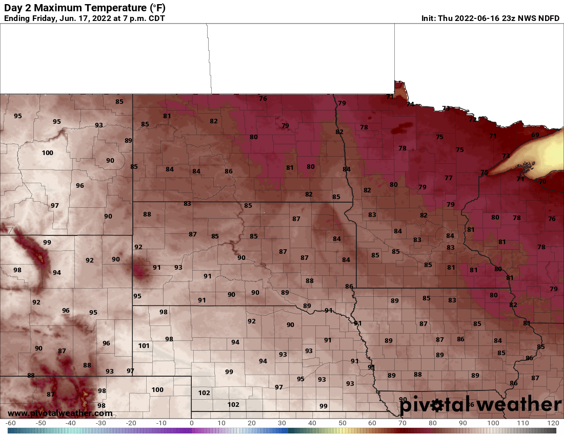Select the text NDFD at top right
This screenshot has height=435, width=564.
[x=549, y=18]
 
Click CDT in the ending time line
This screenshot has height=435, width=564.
[x=155, y=18]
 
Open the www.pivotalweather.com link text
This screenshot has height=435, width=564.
[x=60, y=413]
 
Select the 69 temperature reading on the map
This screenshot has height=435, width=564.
[x=535, y=135]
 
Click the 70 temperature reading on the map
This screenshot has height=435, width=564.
[x=543, y=182]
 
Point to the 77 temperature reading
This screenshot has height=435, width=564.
[x=449, y=178]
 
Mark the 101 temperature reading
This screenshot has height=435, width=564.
[x=144, y=346]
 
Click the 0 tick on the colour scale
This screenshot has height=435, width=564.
[x=191, y=423]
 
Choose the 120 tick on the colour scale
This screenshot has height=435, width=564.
[x=553, y=423]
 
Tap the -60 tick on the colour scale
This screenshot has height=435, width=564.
[x=10, y=423]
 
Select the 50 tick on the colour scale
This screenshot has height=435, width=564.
[x=342, y=423]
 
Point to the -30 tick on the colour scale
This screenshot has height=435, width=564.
[x=101, y=423]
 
